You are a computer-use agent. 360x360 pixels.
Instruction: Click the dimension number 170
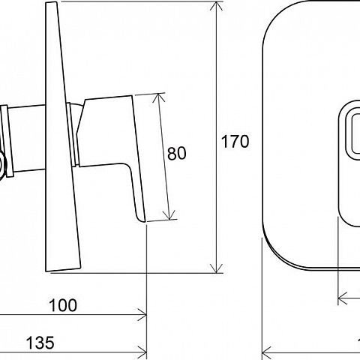tap(235, 142)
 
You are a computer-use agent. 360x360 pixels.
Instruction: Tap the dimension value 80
tap(176, 153)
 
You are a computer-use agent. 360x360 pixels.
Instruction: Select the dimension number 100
tap(63, 305)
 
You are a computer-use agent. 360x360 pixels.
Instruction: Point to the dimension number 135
tap(40, 343)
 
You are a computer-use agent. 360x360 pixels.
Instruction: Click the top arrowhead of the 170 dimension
tap(216, 5)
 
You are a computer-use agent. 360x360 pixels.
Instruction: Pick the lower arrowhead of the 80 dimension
tap(169, 215)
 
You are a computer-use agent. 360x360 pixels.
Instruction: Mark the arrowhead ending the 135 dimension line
tap(142, 352)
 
